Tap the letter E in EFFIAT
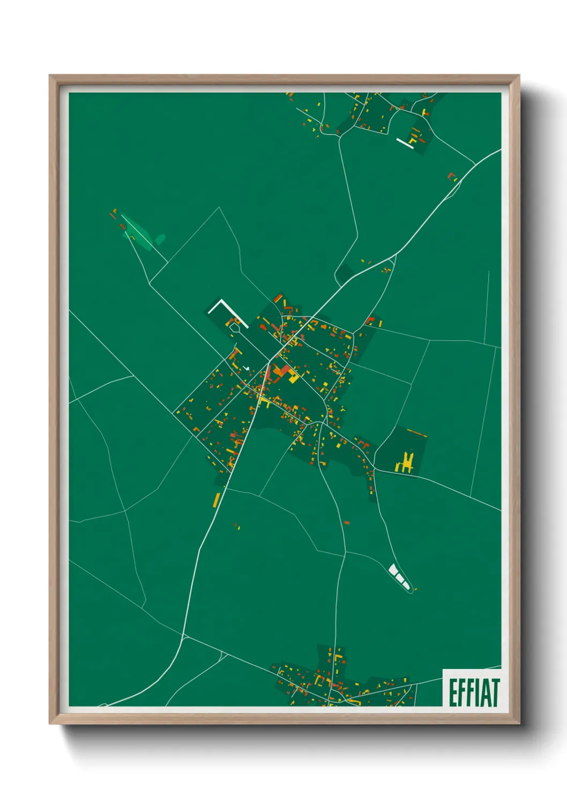coord(453,692)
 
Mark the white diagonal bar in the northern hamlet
coord(405,143)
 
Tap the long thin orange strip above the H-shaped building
coord(416,432)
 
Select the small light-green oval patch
coord(160,239)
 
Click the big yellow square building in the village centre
coord(293,378)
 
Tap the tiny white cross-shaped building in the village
coord(246,368)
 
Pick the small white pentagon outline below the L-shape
coord(235,326)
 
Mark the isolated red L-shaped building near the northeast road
coord(452,176)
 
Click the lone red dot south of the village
coord(346,522)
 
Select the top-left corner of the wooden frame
coord(50,76)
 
